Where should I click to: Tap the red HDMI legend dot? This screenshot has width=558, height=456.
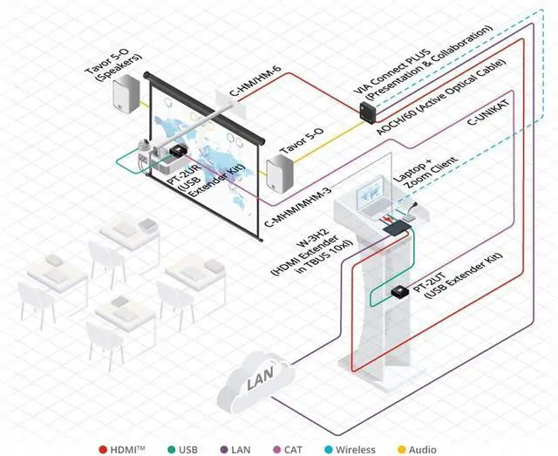click(x=103, y=449)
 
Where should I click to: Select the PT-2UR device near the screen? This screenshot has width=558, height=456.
click(x=178, y=151)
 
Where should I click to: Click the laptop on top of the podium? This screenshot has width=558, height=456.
click(x=369, y=197)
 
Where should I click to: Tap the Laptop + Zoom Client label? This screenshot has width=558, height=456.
click(x=413, y=179)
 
